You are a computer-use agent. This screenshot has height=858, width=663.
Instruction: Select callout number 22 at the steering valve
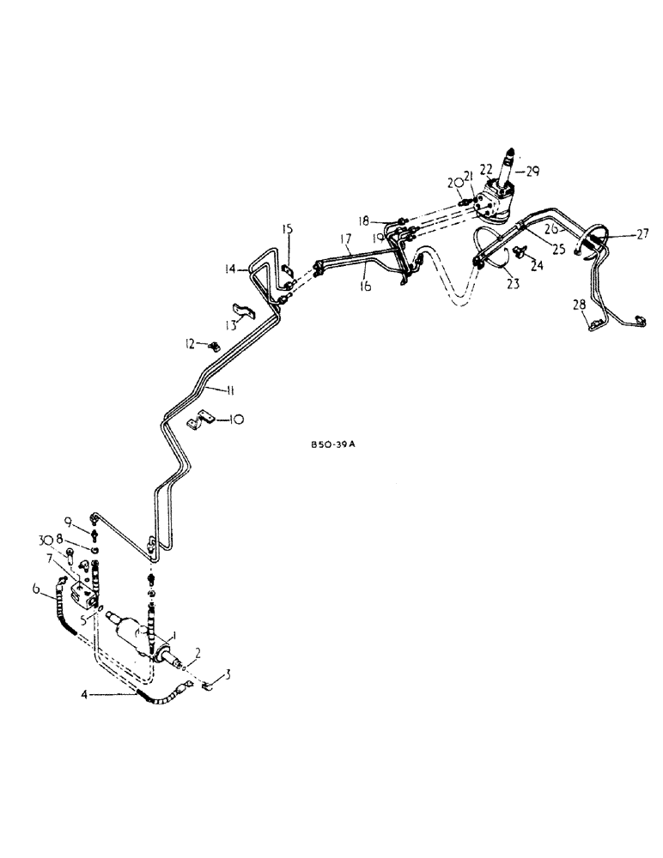(486, 169)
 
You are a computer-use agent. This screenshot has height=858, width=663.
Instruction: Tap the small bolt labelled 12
(214, 346)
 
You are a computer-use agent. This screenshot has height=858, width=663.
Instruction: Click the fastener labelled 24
(520, 251)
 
